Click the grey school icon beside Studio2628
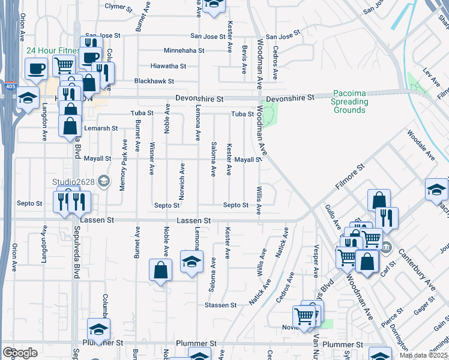click(104, 181)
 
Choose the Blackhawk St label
click(154, 81)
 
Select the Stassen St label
click(216, 305)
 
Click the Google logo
click(20, 353)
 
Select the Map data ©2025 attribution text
click(423, 355)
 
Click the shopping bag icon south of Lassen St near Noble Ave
click(161, 271)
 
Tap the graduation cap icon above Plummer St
click(98, 330)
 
